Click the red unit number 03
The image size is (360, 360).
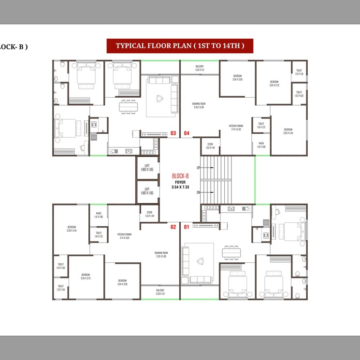173,133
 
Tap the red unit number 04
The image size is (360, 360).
187,133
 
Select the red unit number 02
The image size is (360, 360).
173,226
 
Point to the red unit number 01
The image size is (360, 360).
187,226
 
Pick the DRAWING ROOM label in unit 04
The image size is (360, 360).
199,105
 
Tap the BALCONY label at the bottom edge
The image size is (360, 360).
160,291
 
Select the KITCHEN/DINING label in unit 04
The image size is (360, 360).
236,128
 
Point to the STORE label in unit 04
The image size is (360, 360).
210,145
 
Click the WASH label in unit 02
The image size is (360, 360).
98,215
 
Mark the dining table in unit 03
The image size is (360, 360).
128,106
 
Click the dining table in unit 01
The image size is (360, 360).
231,252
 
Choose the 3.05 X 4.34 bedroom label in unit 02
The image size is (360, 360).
72,228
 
